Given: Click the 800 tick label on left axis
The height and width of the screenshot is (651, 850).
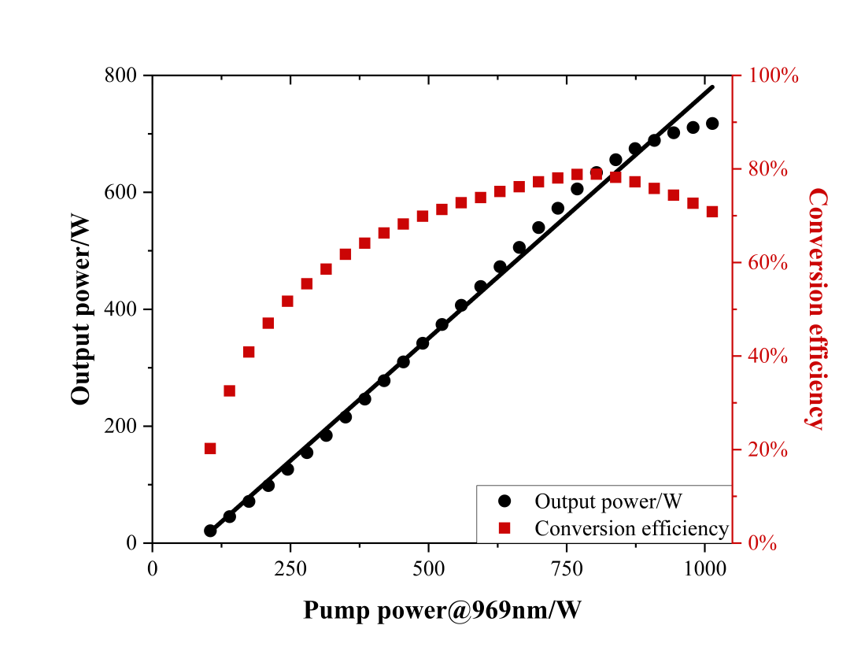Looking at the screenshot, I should pos(121,76).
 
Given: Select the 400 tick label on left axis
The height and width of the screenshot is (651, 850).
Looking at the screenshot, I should pos(121,309).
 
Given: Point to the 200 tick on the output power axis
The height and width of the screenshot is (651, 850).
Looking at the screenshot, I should pos(121,426).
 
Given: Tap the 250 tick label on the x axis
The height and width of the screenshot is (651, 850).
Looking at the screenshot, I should pos(290,568).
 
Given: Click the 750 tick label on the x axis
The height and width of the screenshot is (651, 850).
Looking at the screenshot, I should pos(567,568).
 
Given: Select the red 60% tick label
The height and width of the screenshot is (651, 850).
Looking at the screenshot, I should pos(768,263).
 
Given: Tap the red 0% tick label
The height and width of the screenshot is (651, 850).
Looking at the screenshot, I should pos(764,543).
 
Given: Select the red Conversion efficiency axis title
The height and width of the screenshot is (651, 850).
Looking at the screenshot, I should pos(817,308).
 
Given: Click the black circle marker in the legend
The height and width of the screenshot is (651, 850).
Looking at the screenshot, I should pos(504,501).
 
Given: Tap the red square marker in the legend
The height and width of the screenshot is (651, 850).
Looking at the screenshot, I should pos(504,528).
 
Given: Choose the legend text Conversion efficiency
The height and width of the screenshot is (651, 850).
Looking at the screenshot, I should pos(631,528).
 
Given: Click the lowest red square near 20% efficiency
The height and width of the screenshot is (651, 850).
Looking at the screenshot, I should pos(210,449).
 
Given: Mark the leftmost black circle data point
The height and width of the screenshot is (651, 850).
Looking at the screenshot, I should pos(210,531).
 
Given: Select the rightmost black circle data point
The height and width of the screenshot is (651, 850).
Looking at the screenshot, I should pos(712,124).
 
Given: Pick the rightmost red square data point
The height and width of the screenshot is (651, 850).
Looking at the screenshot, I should pos(712,212).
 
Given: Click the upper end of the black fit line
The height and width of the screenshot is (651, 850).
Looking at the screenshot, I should pos(713,86).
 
